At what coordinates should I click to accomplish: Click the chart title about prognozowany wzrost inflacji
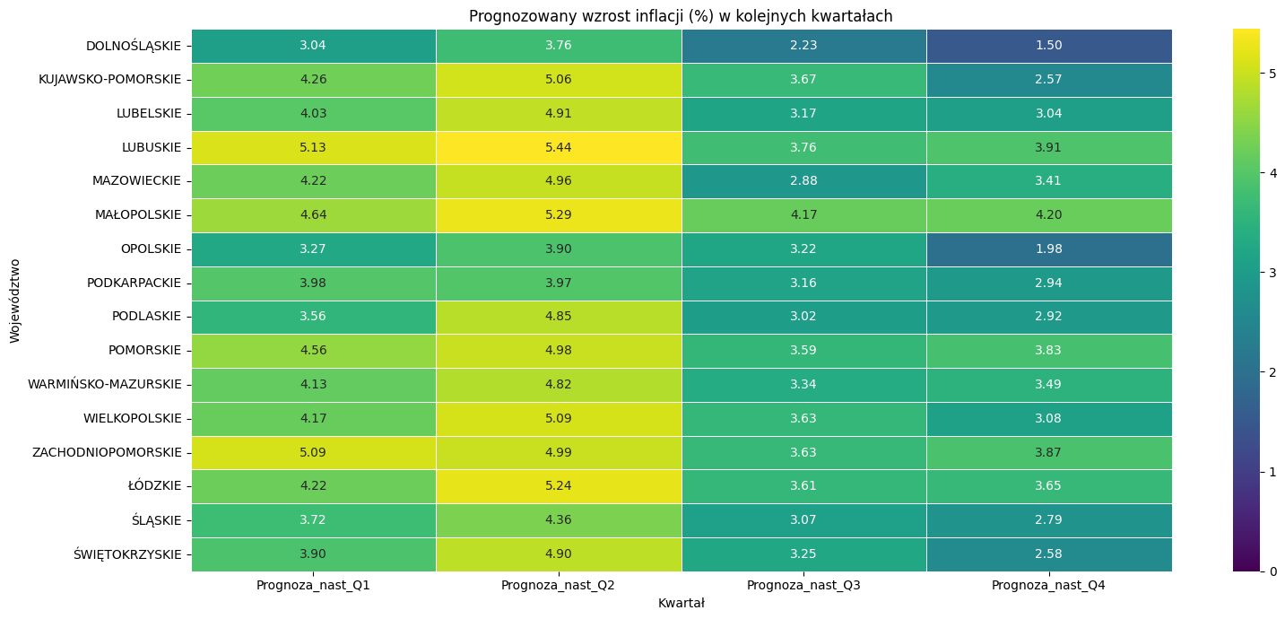(x=681, y=16)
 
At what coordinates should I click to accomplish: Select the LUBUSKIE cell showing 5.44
(x=559, y=147)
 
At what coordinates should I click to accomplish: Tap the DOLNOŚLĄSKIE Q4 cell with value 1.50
(x=1048, y=46)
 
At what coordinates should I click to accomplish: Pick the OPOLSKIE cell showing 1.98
(x=1048, y=248)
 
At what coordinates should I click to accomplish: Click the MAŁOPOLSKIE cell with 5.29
(x=559, y=215)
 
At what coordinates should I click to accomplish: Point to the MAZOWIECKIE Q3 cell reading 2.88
(x=803, y=181)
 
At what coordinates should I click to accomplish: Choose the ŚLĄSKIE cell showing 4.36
(x=559, y=520)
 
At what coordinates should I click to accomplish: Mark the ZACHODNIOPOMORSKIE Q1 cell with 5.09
(x=313, y=452)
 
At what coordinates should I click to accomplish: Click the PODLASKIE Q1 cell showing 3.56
(x=313, y=317)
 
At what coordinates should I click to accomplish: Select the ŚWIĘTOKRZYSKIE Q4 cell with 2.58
(x=1048, y=554)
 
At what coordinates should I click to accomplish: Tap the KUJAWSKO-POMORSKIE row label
(x=109, y=80)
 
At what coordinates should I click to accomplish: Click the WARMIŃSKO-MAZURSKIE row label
(x=104, y=385)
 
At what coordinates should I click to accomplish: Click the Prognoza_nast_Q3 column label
(x=803, y=586)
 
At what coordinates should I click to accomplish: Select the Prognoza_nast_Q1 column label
(x=313, y=586)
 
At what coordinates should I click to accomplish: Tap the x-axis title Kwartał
(x=681, y=604)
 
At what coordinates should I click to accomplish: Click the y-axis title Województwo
(x=15, y=301)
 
